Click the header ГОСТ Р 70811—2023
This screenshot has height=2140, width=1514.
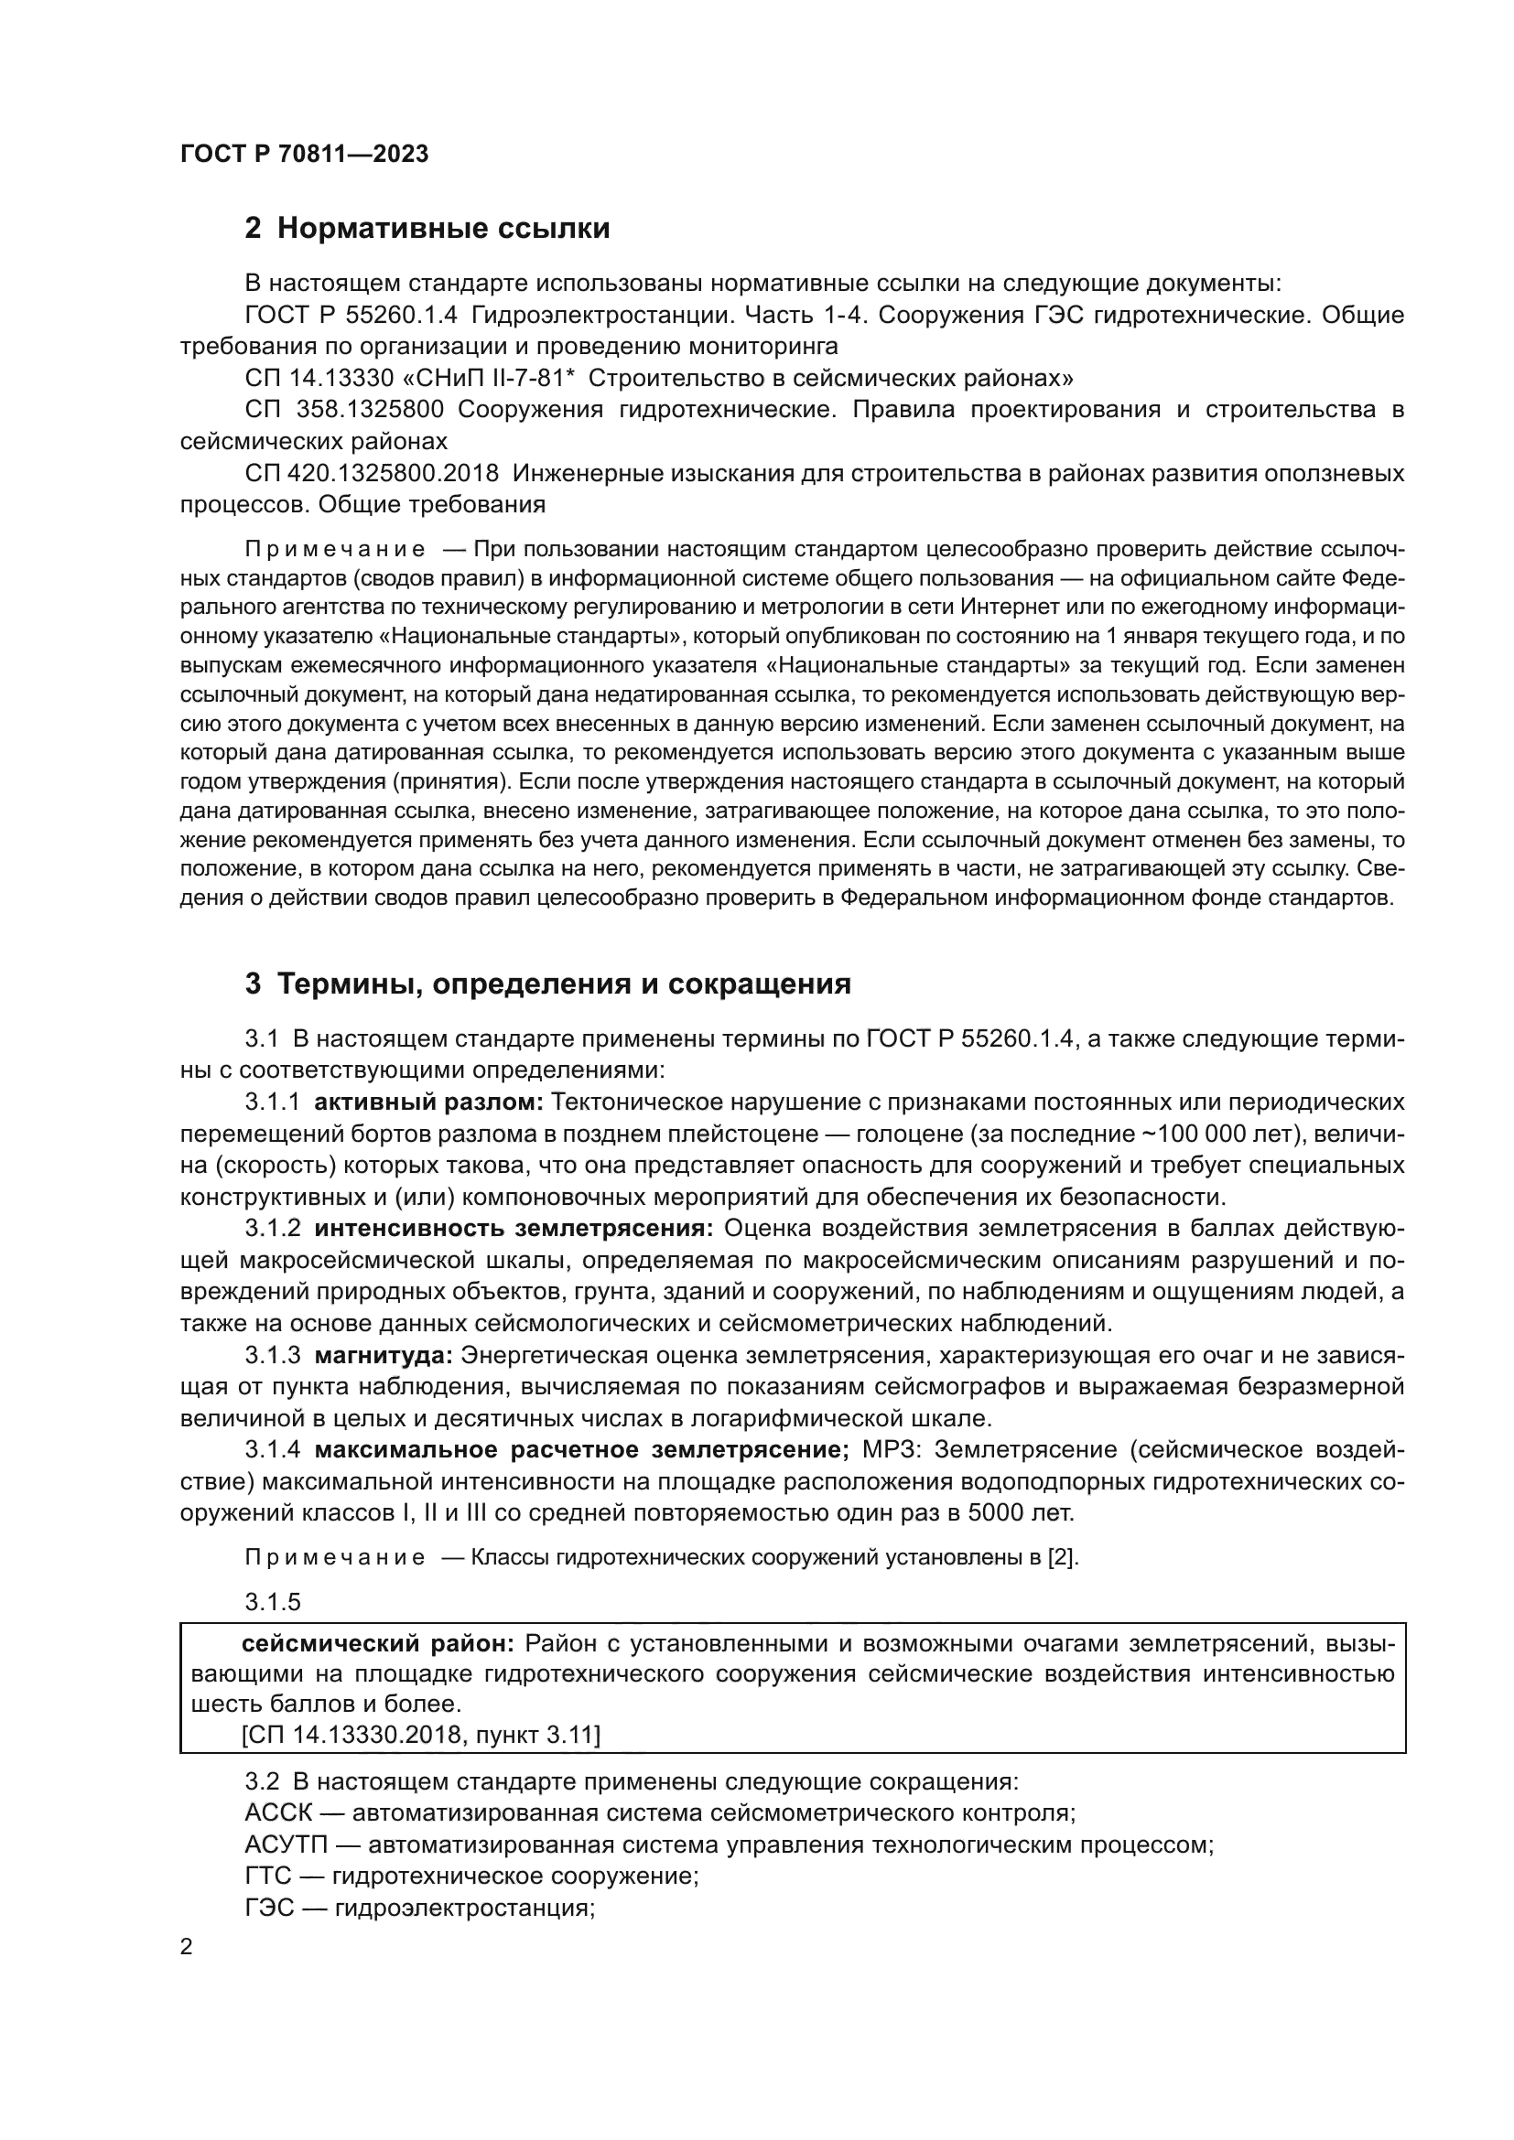click(x=304, y=155)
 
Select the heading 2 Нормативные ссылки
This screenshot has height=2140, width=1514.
click(x=427, y=229)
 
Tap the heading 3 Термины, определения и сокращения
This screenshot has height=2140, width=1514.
click(x=548, y=984)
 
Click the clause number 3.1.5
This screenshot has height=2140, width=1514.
click(x=273, y=1602)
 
